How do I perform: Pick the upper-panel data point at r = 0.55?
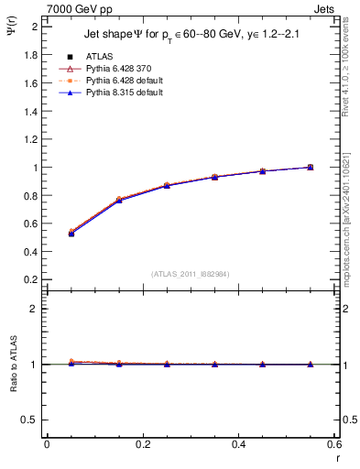(x=311, y=167)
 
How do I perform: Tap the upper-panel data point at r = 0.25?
(x=167, y=185)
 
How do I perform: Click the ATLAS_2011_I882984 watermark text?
(x=191, y=273)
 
